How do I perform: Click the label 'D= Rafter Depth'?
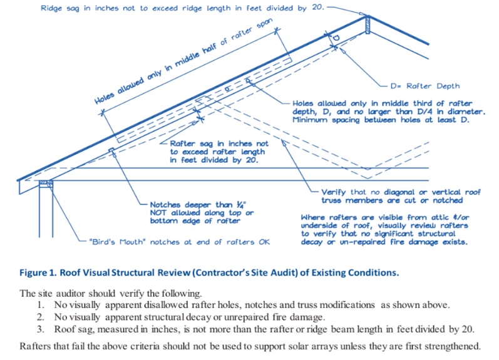[425, 86]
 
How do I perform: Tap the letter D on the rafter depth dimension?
[336, 38]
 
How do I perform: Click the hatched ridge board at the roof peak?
[368, 25]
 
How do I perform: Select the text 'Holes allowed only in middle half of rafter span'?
[183, 61]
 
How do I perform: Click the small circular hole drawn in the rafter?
[227, 89]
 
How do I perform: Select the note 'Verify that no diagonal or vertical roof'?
[401, 192]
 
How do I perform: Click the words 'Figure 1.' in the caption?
[38, 273]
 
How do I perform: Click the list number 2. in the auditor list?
[41, 317]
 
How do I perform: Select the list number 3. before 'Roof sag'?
[41, 329]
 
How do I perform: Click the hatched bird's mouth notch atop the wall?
[46, 183]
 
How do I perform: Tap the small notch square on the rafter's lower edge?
[111, 150]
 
